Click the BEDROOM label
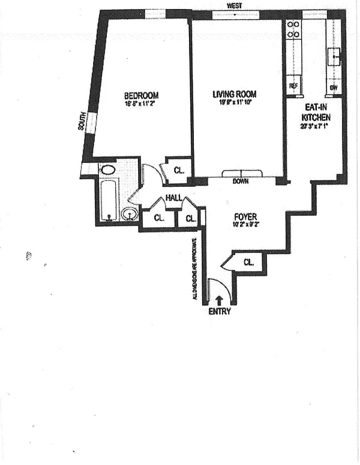pyautogui.click(x=141, y=95)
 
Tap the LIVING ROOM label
pyautogui.click(x=235, y=94)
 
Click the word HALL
pyautogui.click(x=174, y=197)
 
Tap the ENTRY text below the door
pyautogui.click(x=219, y=311)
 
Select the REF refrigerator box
pyautogui.click(x=293, y=86)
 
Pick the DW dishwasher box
pyautogui.click(x=334, y=87)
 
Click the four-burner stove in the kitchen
pyautogui.click(x=293, y=30)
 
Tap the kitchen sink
pyautogui.click(x=334, y=58)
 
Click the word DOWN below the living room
pyautogui.click(x=241, y=180)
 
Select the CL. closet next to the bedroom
pyautogui.click(x=179, y=170)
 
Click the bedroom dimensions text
pyautogui.click(x=141, y=103)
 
